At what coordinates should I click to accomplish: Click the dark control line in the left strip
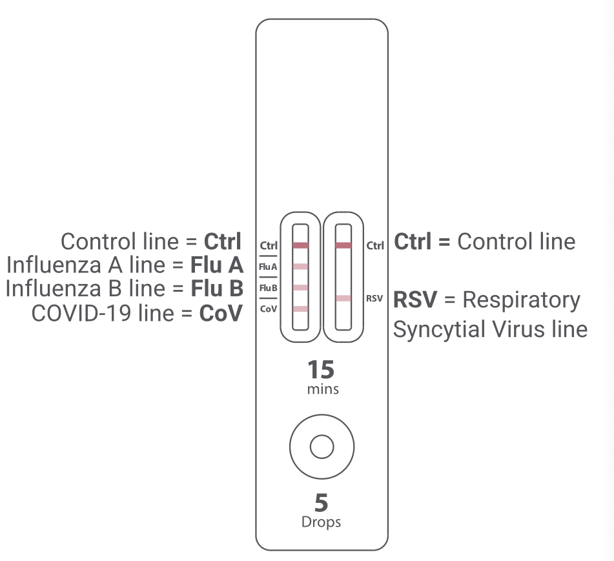300,245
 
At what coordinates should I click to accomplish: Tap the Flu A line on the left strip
300,266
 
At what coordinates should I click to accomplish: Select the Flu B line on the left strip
300,287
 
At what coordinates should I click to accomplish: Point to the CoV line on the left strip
300,309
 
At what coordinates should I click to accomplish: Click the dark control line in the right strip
343,245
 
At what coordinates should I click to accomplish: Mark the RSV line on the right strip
343,298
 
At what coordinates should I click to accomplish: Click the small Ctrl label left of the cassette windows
269,246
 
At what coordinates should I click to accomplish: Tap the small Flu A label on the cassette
269,266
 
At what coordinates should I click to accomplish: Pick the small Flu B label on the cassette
269,287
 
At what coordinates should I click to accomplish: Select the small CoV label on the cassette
269,309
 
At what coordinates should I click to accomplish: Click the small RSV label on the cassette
374,298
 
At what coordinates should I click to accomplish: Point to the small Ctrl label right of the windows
375,246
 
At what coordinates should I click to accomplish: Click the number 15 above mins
321,370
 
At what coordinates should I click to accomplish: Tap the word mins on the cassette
322,389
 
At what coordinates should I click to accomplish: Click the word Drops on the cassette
321,522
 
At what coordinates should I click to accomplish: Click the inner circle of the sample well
322,446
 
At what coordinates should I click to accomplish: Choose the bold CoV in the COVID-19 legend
220,313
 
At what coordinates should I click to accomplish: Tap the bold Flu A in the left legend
216,265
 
